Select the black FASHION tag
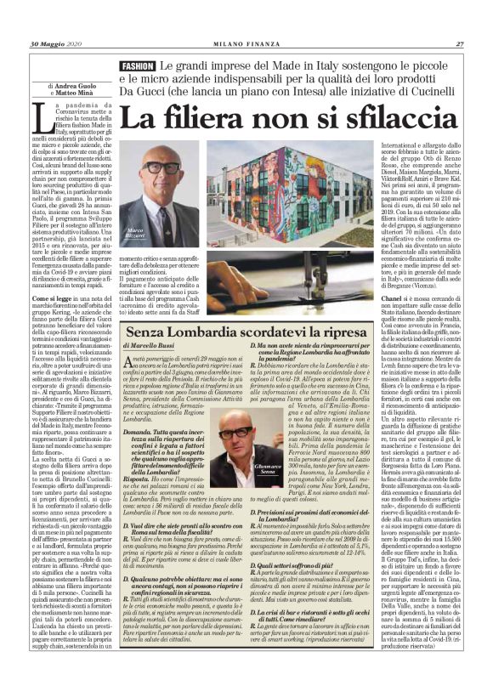point(137,65)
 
